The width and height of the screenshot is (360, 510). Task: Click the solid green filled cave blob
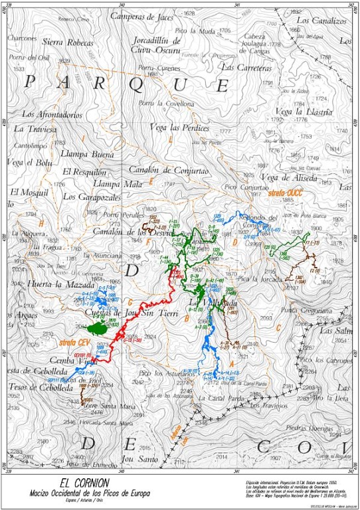coord(98,327)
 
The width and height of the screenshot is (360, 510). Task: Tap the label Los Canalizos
coord(321,21)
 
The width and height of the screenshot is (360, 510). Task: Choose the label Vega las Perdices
coord(179,127)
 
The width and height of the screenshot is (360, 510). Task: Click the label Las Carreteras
coord(246,68)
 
